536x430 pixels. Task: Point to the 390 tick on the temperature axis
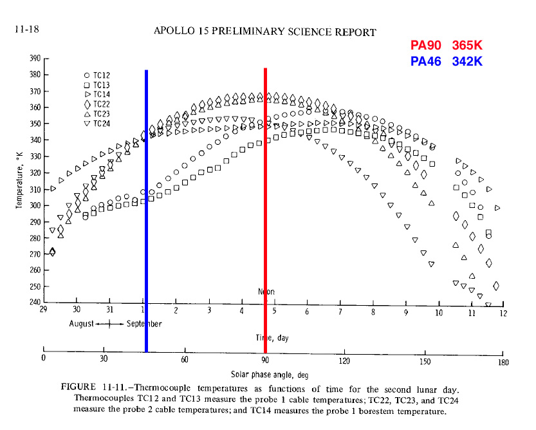coord(35,58)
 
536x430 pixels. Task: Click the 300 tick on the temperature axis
coord(35,205)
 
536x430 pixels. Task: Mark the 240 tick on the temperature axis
coord(35,303)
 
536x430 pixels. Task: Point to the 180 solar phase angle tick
coord(503,362)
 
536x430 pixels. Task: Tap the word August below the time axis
coord(81,323)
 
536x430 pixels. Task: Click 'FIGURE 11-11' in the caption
coord(93,388)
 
